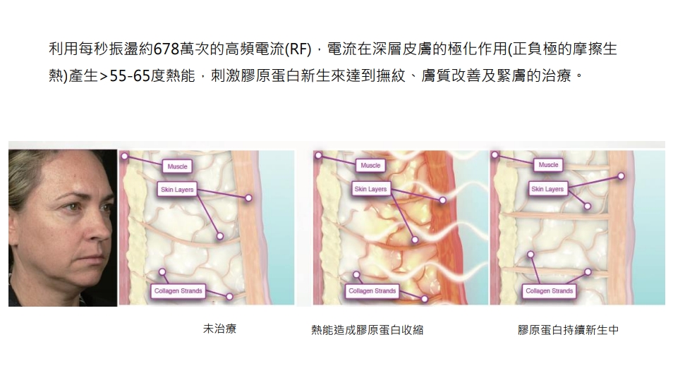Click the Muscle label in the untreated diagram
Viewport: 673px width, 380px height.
177,166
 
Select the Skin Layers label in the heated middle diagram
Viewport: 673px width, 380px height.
370,189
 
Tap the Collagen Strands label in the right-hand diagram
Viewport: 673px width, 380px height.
549,290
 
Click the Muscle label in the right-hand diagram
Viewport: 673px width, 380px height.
548,165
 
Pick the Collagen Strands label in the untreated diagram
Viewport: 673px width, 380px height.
178,290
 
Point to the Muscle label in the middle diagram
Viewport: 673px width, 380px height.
370,165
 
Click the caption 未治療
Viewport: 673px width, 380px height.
220,329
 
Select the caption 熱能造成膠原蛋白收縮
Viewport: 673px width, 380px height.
368,330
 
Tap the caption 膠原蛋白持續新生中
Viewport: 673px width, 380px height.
569,330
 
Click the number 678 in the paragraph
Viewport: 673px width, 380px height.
166,49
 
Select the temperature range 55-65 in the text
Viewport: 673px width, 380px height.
130,76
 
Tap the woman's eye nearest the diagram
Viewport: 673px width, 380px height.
106,209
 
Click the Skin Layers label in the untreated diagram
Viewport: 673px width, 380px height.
177,190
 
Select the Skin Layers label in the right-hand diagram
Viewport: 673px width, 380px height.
547,189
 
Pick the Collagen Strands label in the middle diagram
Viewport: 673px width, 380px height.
372,290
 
